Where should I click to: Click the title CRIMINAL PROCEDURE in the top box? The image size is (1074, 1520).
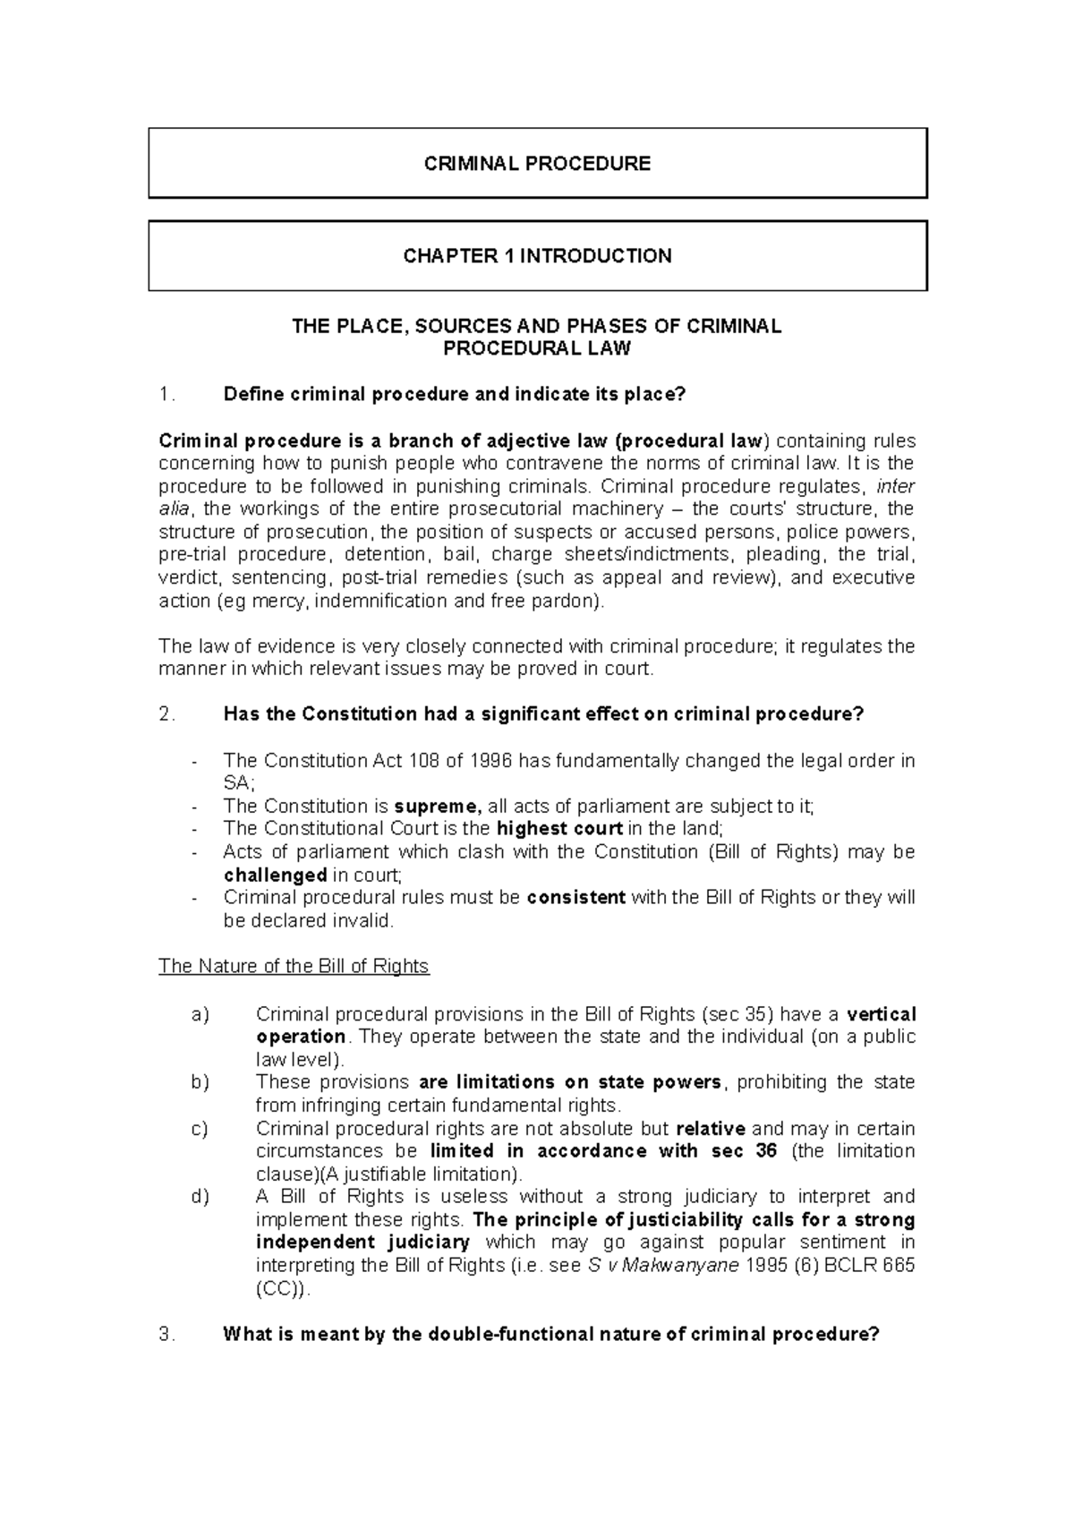537,164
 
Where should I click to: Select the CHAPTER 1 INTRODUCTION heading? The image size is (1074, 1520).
537,256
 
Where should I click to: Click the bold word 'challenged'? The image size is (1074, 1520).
275,875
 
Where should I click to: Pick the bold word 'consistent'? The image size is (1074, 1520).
576,898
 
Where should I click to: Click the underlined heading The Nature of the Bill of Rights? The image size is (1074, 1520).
294,967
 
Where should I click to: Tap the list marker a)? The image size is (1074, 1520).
200,1015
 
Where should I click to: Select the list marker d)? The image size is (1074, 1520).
200,1197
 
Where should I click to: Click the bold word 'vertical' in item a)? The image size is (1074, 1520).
881,1015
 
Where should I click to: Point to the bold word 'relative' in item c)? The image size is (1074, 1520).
710,1129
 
